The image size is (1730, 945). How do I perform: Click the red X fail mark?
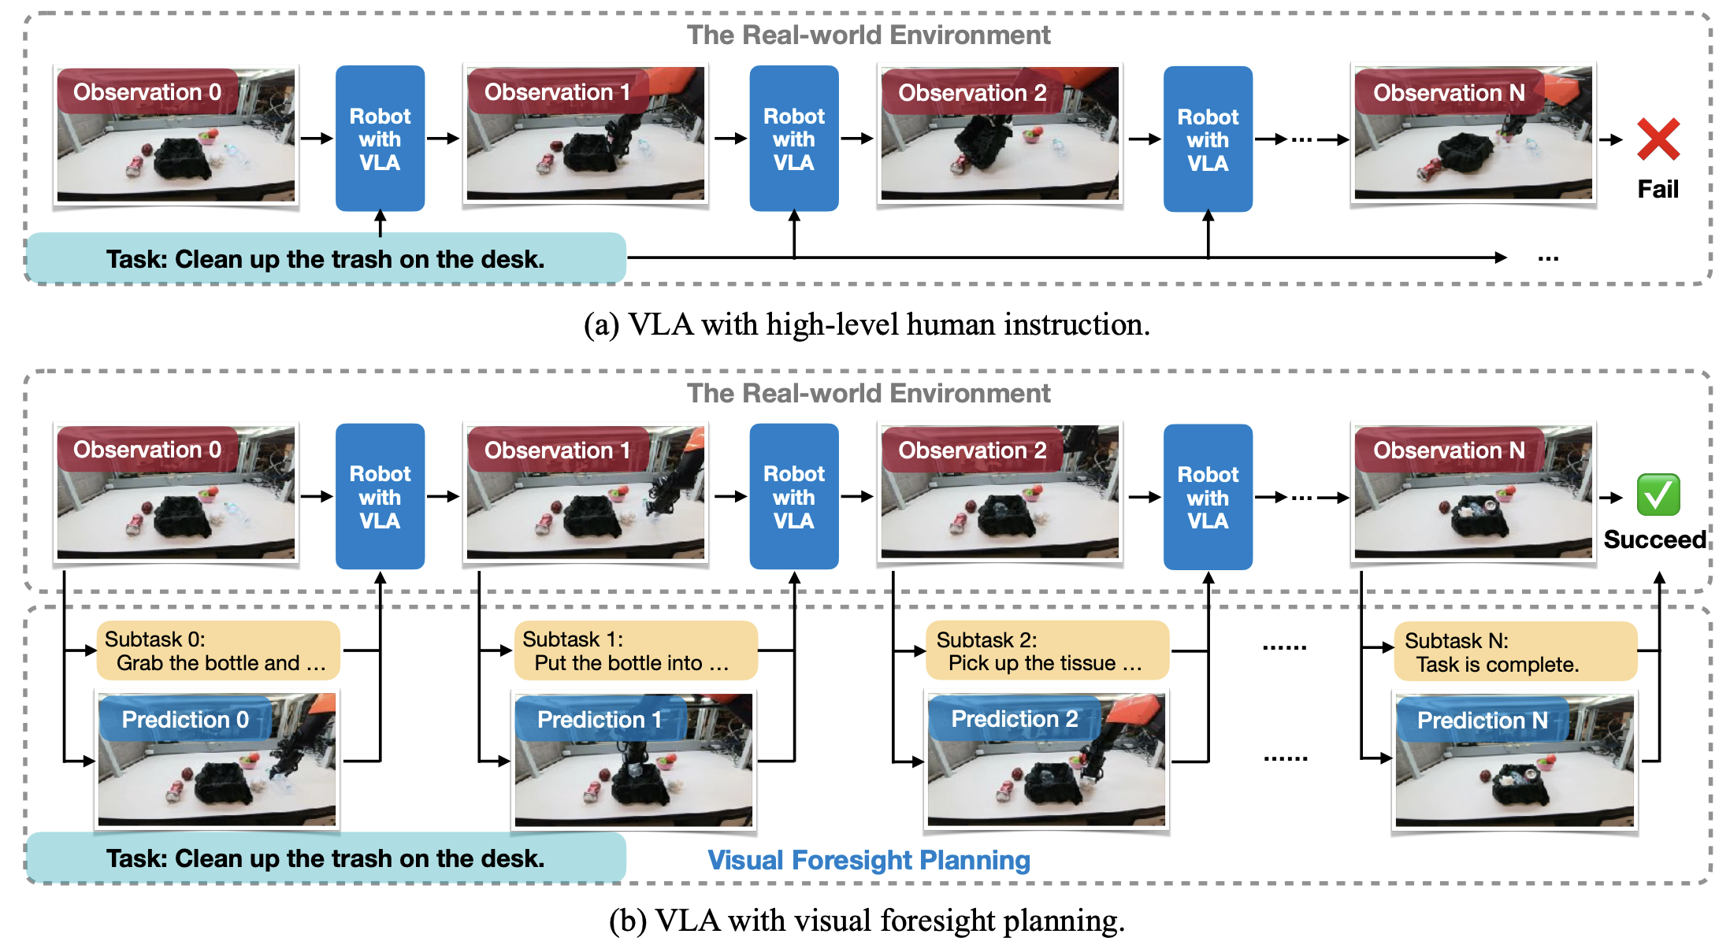(1658, 139)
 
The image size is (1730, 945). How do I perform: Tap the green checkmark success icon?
(1658, 495)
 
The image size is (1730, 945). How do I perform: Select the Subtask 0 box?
(218, 650)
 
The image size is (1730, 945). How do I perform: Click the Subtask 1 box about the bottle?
(636, 650)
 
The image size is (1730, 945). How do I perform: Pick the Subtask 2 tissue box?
(1048, 650)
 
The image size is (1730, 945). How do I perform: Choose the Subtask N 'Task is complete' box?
(1516, 652)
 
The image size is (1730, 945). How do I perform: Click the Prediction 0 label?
(185, 719)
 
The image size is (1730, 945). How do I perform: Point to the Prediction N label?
(1483, 720)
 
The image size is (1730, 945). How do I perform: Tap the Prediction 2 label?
(1015, 718)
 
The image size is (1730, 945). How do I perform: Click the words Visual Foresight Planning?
(869, 860)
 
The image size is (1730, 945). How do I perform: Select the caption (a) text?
(867, 324)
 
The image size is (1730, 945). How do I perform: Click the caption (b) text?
(867, 920)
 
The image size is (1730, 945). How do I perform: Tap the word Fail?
(1658, 189)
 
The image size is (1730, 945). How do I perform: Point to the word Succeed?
(1655, 539)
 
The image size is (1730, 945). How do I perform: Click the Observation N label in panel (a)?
(1449, 93)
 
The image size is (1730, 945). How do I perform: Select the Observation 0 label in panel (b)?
(147, 450)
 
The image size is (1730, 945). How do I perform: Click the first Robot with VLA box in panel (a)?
(380, 139)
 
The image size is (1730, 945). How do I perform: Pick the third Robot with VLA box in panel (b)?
(1208, 497)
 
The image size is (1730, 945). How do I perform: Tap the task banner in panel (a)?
(326, 258)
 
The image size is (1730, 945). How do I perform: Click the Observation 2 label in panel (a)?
(972, 93)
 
